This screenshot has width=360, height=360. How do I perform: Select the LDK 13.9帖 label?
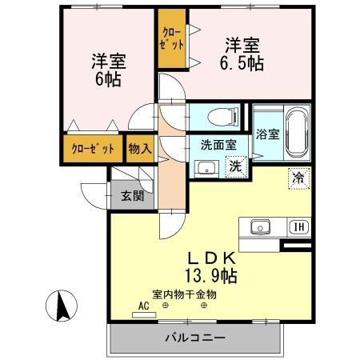pyautogui.click(x=211, y=267)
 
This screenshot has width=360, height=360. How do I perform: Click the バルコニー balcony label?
pyautogui.click(x=195, y=336)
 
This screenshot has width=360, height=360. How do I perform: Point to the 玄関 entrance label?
pyautogui.click(x=132, y=196)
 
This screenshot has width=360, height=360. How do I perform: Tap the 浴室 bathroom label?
pyautogui.click(x=268, y=134)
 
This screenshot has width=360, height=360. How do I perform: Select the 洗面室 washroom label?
pyautogui.click(x=218, y=145)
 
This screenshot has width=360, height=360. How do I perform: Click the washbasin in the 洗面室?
pyautogui.click(x=205, y=169)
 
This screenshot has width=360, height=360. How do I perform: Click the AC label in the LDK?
pyautogui.click(x=144, y=305)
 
